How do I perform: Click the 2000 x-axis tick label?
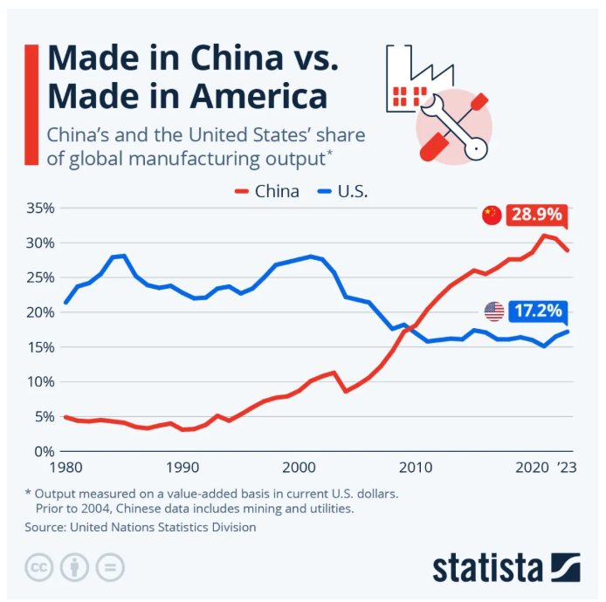pos(299,468)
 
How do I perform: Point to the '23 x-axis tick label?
pos(568,468)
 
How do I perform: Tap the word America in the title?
pos(253,96)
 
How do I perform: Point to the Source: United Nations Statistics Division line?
pos(141,526)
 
